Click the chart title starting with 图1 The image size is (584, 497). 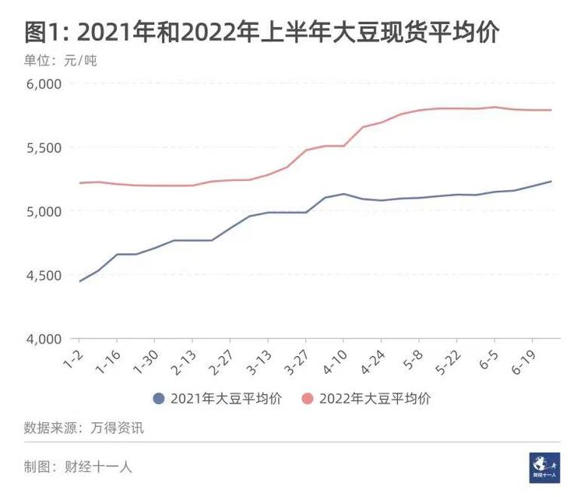[x=262, y=33]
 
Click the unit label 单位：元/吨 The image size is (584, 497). [x=60, y=60]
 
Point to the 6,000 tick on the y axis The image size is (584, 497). [x=44, y=84]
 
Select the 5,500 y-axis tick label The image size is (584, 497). [x=44, y=148]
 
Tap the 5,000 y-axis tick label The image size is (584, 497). [x=44, y=212]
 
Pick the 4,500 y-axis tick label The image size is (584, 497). [x=44, y=276]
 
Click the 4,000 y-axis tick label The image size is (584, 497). [x=44, y=340]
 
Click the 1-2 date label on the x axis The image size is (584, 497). [x=73, y=359]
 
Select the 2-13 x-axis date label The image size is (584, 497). [x=184, y=362]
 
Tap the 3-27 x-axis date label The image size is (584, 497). [x=297, y=362]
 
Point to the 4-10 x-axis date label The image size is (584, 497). [x=335, y=362]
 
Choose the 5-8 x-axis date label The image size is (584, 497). [x=413, y=360]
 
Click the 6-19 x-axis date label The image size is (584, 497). [x=524, y=362]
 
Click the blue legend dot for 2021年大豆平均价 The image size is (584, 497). [x=159, y=399]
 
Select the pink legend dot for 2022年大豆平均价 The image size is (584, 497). [x=307, y=399]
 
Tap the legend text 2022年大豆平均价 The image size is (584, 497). [x=375, y=399]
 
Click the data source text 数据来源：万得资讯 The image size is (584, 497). [x=84, y=428]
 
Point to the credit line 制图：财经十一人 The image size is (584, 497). [x=78, y=467]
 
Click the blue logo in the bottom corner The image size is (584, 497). [x=544, y=468]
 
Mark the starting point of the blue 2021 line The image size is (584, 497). [x=79, y=281]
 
